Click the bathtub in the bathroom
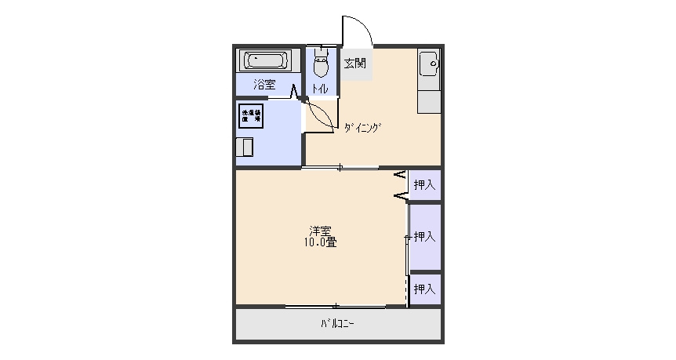(265, 60)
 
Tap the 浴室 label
(264, 84)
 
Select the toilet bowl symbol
(320, 65)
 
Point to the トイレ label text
(320, 89)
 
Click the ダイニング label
(362, 127)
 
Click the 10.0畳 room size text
(320, 242)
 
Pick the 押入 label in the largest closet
(424, 236)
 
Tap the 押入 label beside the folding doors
(424, 185)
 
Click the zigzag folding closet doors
(400, 184)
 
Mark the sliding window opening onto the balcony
(336, 306)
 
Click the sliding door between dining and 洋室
(340, 167)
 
